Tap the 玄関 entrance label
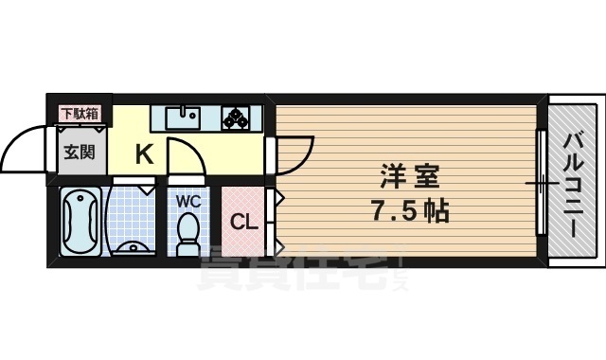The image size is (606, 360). (80, 151)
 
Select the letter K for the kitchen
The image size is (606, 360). (144, 153)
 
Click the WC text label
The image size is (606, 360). (186, 200)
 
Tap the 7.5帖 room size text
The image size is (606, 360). (411, 209)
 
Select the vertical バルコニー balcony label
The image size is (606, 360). (573, 180)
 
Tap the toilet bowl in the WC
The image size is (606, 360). (187, 230)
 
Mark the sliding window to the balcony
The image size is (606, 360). (542, 181)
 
